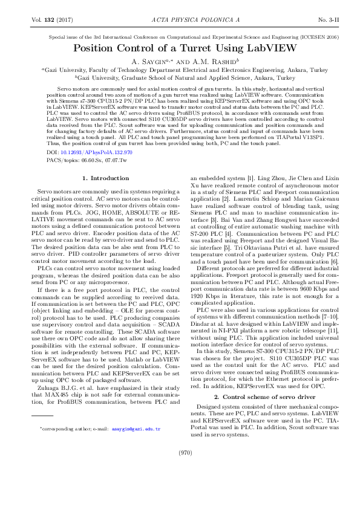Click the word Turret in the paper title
[x=201, y=48]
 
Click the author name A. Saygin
[x=153, y=62]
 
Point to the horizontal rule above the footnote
[x=42, y=417]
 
